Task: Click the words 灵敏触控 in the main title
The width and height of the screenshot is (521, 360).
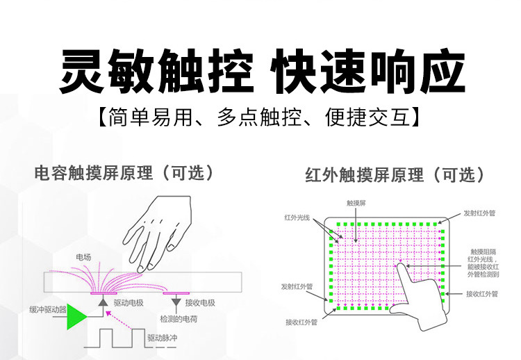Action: [x=156, y=71]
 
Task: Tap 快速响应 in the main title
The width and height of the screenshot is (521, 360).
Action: [x=367, y=71]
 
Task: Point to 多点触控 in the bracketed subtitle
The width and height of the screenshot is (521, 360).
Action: [x=259, y=117]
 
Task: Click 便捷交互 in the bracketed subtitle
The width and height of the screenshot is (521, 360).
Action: [x=367, y=117]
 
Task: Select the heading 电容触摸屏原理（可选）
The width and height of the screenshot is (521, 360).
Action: [x=124, y=173]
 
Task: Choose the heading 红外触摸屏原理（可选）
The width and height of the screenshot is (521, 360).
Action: [x=395, y=175]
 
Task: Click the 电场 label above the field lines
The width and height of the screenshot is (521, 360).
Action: [x=83, y=257]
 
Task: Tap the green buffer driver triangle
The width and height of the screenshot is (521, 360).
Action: [x=76, y=316]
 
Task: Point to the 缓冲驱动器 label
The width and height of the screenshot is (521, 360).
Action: [x=48, y=310]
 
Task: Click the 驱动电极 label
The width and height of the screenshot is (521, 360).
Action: [x=129, y=303]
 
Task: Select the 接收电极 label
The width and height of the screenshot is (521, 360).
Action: [x=200, y=303]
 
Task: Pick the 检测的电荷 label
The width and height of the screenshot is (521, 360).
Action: [x=179, y=319]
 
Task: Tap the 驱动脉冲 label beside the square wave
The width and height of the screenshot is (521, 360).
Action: [x=163, y=338]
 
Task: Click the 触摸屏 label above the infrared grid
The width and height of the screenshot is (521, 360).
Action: [x=356, y=203]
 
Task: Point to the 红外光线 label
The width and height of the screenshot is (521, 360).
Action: [x=297, y=218]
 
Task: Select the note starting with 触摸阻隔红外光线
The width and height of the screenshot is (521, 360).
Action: [x=483, y=263]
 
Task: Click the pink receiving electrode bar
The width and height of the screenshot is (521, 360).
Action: [x=176, y=293]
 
